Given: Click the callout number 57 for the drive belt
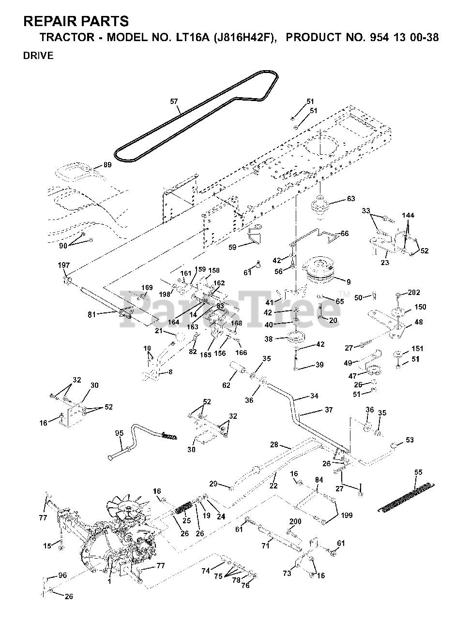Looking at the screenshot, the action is click(174, 101).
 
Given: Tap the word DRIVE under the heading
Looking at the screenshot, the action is click(38, 56).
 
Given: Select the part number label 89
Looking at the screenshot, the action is click(107, 165).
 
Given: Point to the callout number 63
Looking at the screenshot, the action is click(351, 199).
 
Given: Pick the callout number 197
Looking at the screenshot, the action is click(64, 265).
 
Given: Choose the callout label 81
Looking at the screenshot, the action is click(92, 314).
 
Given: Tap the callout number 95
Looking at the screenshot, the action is click(120, 433).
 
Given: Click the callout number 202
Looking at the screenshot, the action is click(414, 293).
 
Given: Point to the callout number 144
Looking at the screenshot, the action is click(408, 216).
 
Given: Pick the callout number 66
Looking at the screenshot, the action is click(345, 234).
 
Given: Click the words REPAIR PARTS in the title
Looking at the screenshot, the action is click(76, 21).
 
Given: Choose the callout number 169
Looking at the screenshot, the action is click(147, 288).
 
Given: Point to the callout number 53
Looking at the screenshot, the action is click(409, 440).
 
